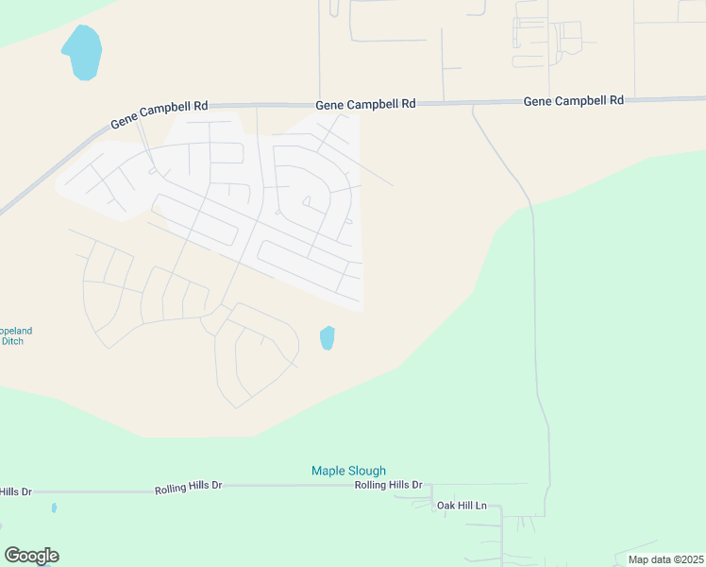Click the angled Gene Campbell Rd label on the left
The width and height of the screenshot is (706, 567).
point(159,113)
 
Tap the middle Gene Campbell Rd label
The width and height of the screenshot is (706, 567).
point(365,105)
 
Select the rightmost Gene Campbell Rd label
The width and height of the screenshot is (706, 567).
point(573,100)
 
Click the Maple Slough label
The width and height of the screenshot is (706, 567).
point(349,471)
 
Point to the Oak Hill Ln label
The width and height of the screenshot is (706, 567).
point(462,506)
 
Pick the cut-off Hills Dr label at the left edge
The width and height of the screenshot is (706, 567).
point(16,491)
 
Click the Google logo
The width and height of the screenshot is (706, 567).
point(31,556)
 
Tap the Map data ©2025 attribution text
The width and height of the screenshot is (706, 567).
point(665,559)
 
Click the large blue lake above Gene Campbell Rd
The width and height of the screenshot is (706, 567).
point(82,52)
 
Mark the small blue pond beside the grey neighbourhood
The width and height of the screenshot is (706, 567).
point(327,337)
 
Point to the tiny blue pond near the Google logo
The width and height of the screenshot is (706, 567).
point(54,507)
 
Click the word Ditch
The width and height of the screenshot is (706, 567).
point(12,341)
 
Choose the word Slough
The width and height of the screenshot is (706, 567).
point(368,471)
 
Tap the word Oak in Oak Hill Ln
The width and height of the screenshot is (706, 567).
point(445,506)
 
